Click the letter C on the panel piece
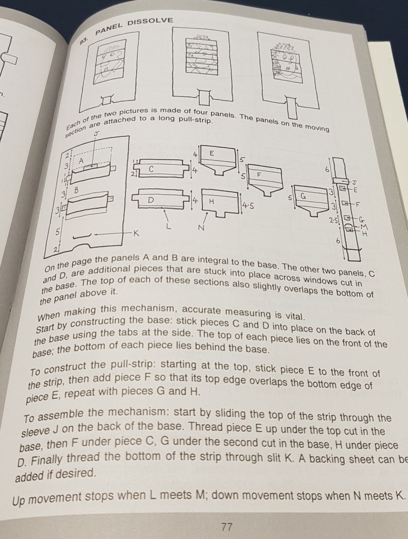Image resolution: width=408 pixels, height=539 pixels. [x=151, y=169]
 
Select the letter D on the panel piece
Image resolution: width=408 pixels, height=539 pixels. [x=151, y=201]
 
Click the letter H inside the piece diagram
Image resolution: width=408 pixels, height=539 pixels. [x=211, y=201]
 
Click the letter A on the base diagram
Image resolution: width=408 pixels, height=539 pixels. [x=82, y=161]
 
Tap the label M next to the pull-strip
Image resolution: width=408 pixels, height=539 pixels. [x=364, y=227]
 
